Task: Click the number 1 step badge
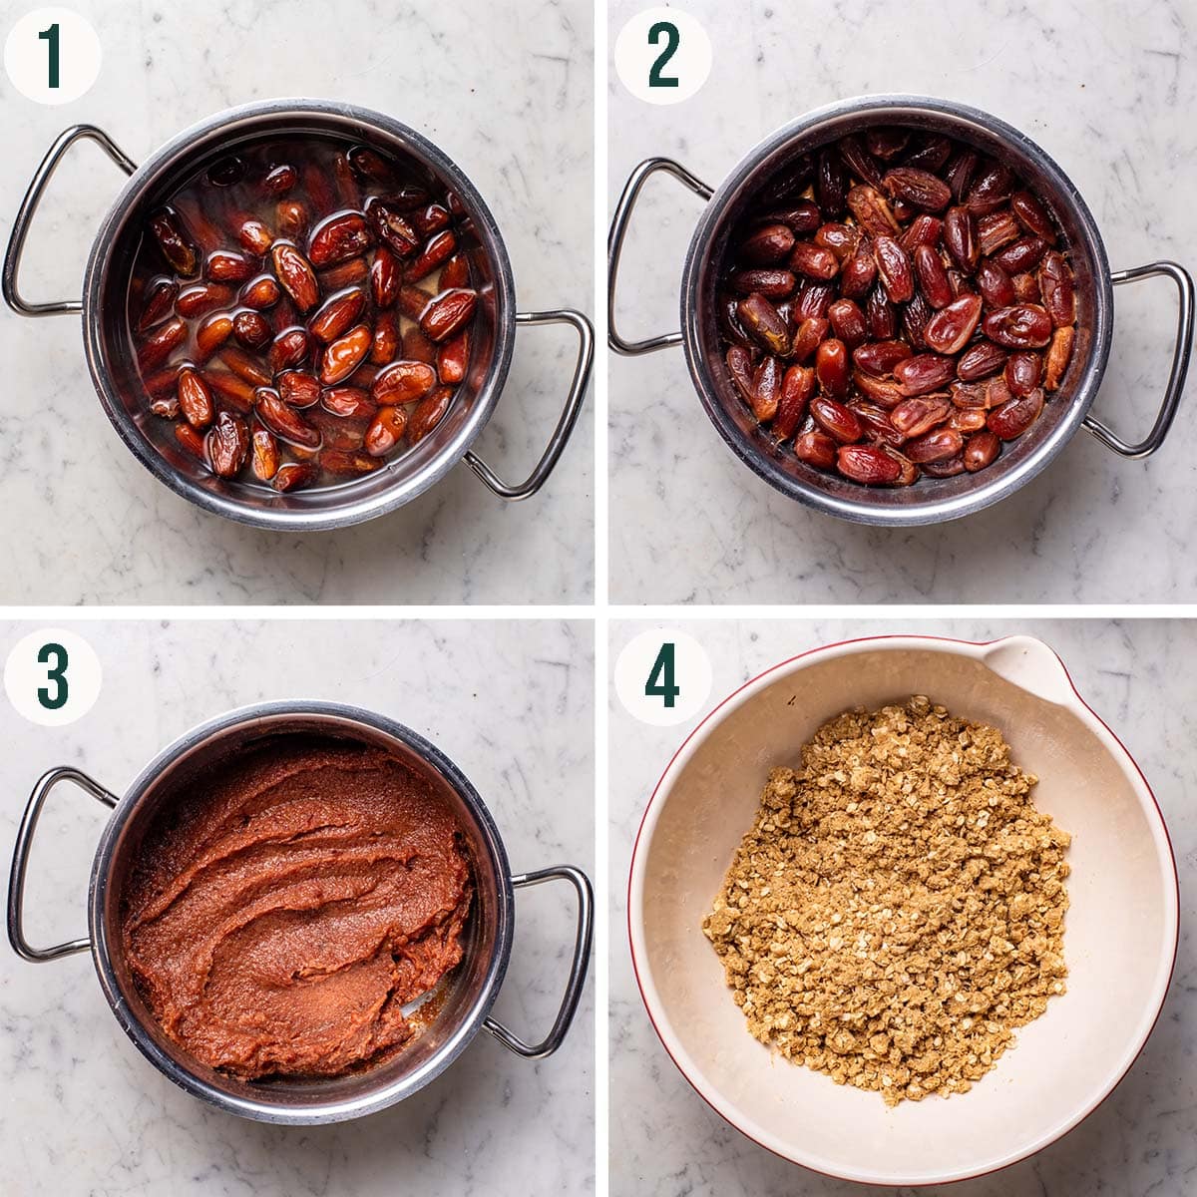(52, 56)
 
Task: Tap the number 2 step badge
(662, 56)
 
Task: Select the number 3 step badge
(52, 676)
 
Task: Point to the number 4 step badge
(662, 676)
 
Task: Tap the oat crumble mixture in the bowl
(888, 898)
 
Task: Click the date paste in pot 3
(289, 898)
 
